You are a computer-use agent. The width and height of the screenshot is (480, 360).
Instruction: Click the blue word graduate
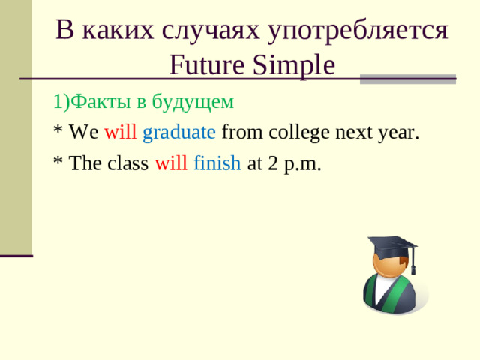pos(179,133)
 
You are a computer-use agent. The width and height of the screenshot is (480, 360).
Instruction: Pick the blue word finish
pos(217,164)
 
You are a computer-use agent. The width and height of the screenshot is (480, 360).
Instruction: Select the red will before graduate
pos(120,133)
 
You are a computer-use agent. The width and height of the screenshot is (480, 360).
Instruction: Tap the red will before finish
pos(171,164)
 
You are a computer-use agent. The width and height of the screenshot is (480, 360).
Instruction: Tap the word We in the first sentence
pos(83,133)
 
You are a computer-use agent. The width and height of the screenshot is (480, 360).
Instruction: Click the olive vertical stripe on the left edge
pos(16,127)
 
